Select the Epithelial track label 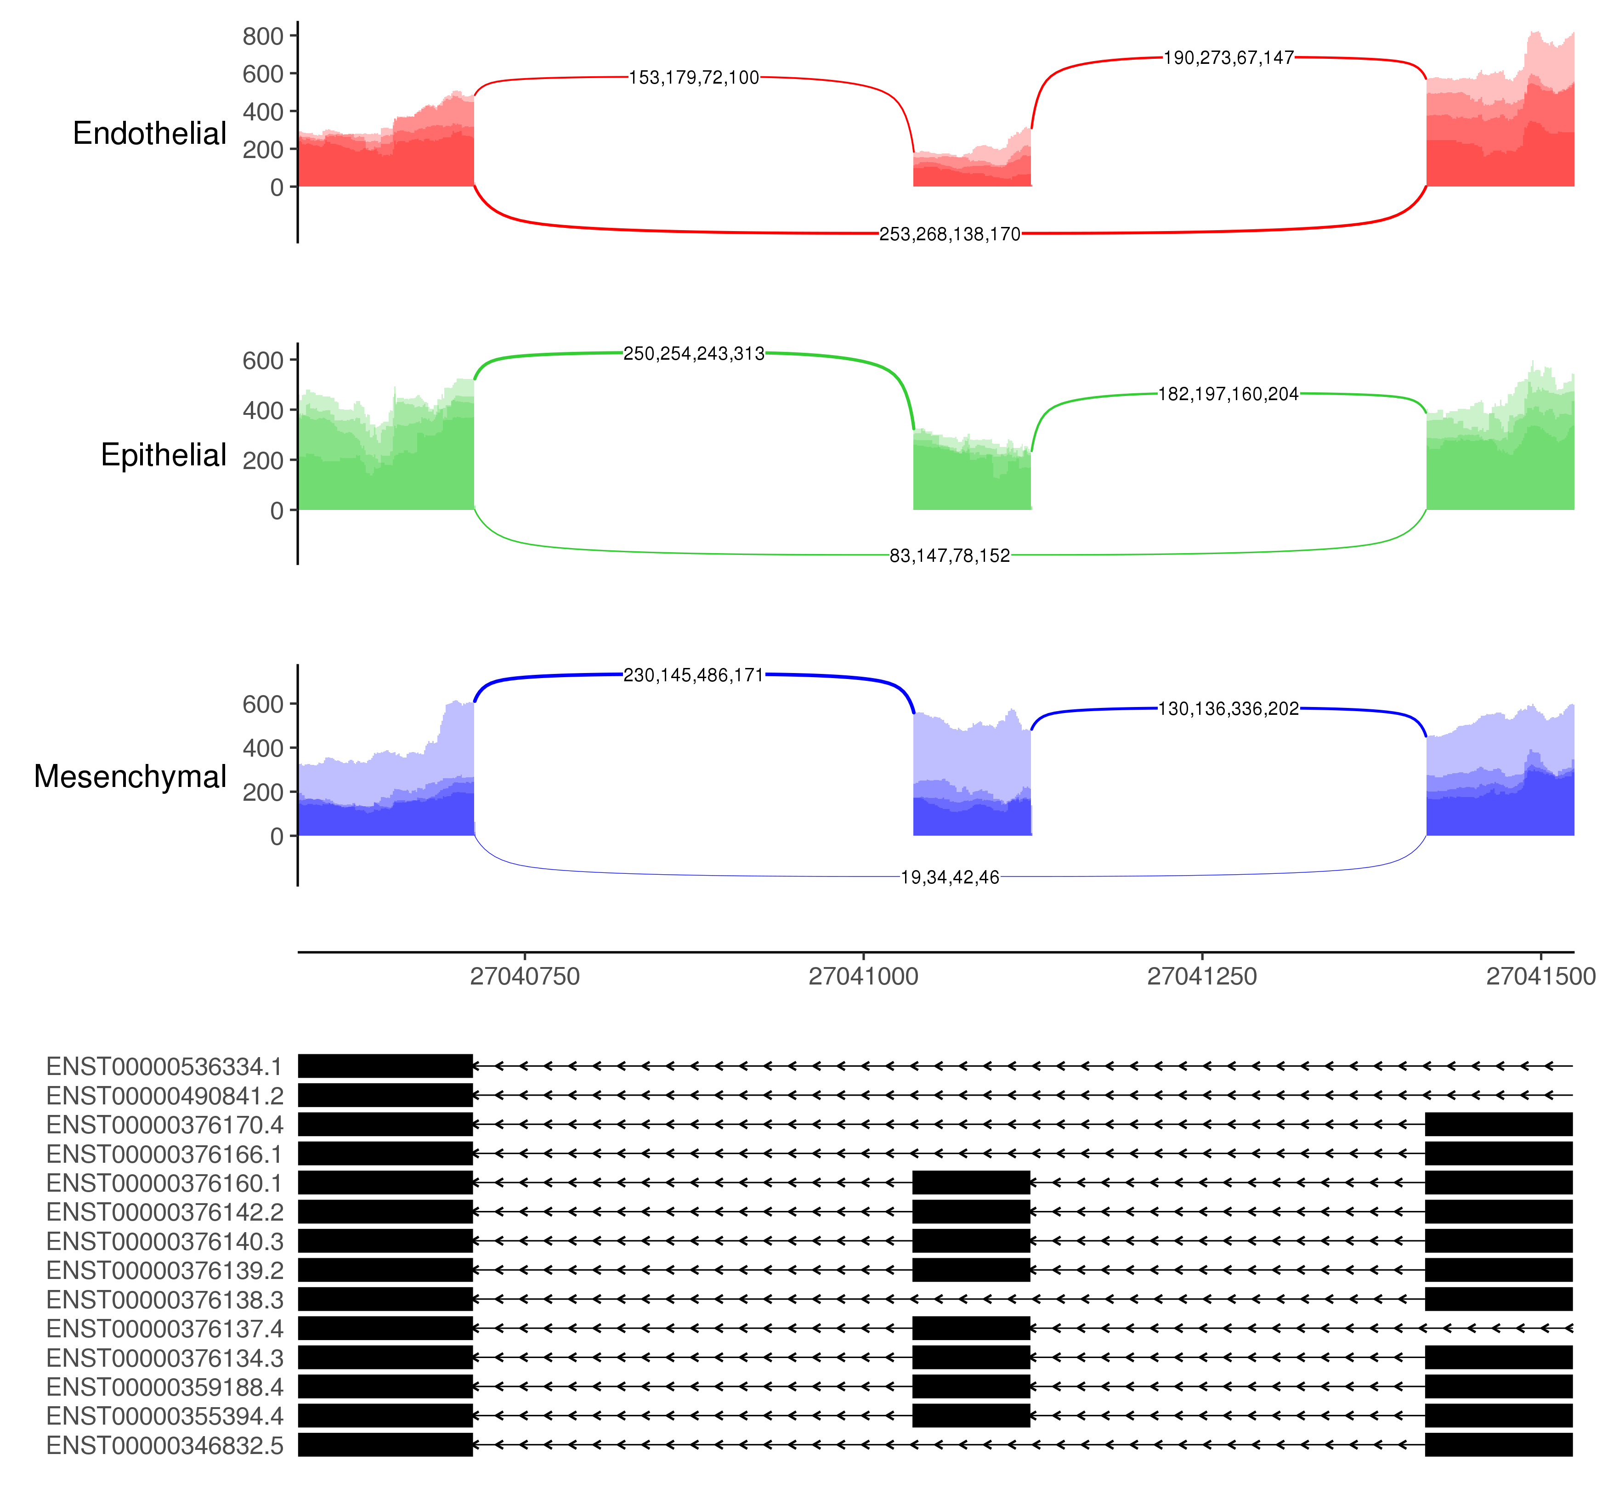coord(164,456)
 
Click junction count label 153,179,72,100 coord(693,78)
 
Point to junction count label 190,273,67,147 coord(1228,58)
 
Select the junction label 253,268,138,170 coord(949,234)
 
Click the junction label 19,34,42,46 coord(949,877)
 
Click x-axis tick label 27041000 coord(863,977)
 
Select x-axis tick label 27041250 coord(1201,977)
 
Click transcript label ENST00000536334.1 coord(164,1067)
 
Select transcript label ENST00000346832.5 coord(164,1445)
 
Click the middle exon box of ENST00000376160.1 coord(971,1183)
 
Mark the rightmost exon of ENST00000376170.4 coord(1499,1125)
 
